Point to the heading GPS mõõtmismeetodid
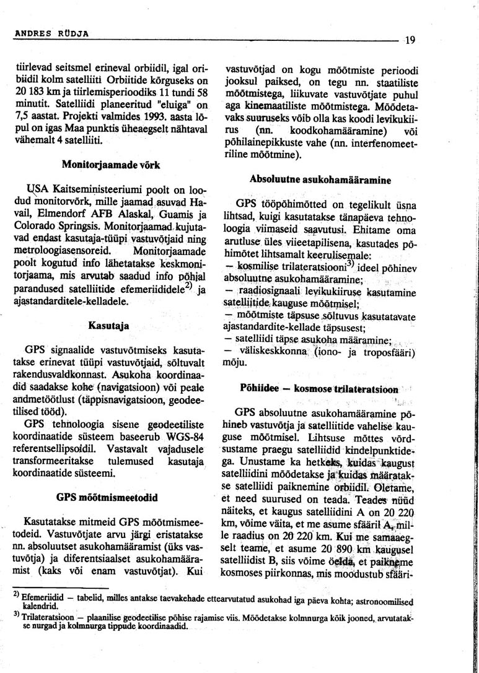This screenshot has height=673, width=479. (107, 497)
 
